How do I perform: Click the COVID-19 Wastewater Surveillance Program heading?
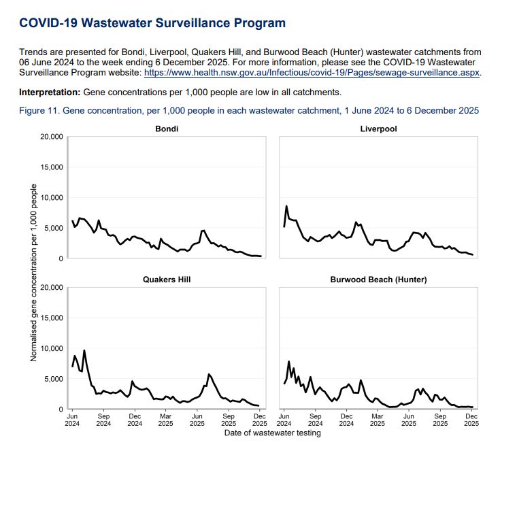(152, 24)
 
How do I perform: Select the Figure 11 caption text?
(249, 110)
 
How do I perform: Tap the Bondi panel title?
(167, 129)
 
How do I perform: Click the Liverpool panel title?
(378, 129)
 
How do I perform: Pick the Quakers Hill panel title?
(167, 280)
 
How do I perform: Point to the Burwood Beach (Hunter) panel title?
(378, 280)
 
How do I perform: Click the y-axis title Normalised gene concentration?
(34, 272)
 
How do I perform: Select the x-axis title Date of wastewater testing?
(272, 433)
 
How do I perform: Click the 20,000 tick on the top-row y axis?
(52, 137)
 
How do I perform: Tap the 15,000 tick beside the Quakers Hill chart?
(52, 318)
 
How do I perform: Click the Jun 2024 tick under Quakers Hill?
(72, 418)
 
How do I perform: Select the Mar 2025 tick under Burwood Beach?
(378, 418)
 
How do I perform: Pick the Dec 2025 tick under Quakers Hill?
(260, 418)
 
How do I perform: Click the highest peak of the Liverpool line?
(286, 206)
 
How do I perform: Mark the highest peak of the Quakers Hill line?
(84, 350)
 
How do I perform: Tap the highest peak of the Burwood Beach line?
(289, 361)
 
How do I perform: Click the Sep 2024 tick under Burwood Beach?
(315, 418)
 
